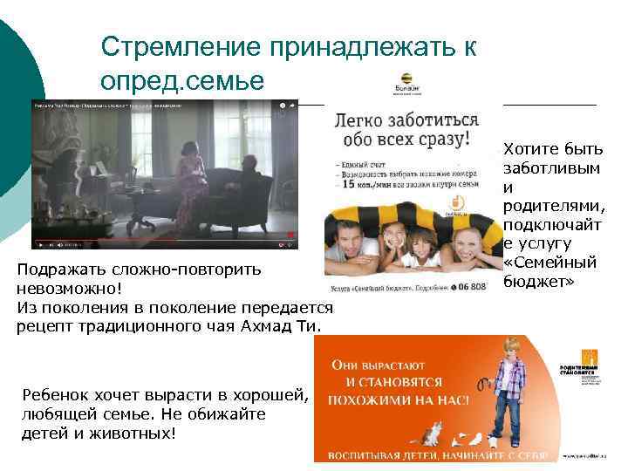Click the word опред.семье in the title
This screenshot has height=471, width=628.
tap(181, 80)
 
